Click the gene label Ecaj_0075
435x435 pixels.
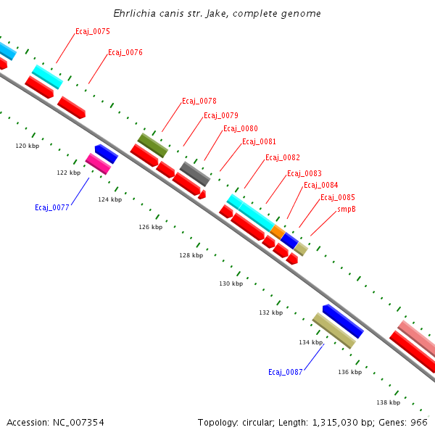click(x=93, y=31)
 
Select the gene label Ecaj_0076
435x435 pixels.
click(x=125, y=52)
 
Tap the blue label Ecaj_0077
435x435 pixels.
click(x=52, y=207)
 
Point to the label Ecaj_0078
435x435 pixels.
click(x=199, y=101)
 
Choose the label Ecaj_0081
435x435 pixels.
click(x=259, y=141)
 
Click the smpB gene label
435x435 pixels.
click(x=347, y=210)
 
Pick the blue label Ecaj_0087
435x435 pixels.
click(x=286, y=372)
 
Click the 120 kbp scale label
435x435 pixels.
click(x=28, y=146)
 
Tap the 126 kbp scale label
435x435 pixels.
click(x=151, y=227)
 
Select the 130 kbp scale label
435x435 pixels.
click(x=231, y=283)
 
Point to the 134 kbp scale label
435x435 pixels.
click(x=310, y=342)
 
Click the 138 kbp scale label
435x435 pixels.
click(x=388, y=402)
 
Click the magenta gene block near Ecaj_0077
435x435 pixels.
click(x=98, y=164)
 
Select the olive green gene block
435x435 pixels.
click(x=152, y=145)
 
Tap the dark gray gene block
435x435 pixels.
click(x=194, y=174)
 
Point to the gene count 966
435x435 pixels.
click(x=419, y=422)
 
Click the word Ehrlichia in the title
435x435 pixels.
click(x=136, y=14)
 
